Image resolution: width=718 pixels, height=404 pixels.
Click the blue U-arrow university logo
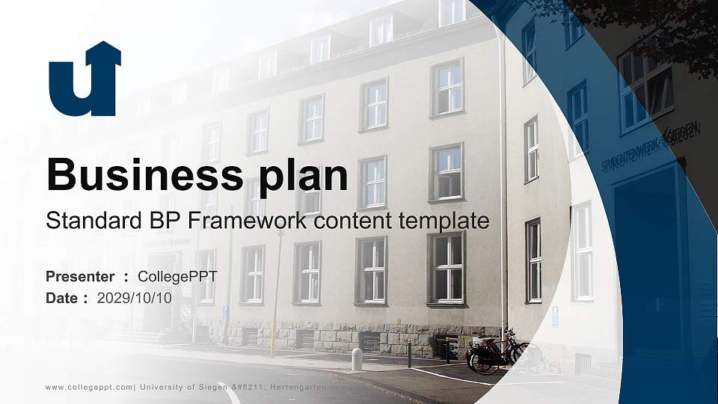(x=85, y=79)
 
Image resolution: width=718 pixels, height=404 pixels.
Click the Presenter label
(x=80, y=277)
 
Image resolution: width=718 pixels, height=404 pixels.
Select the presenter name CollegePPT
(x=177, y=277)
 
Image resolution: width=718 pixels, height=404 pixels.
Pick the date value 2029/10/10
(x=134, y=298)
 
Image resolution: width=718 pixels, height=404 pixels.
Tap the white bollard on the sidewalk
(x=357, y=360)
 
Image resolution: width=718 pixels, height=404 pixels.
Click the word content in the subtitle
(x=354, y=221)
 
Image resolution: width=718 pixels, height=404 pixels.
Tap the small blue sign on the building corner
(x=555, y=316)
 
